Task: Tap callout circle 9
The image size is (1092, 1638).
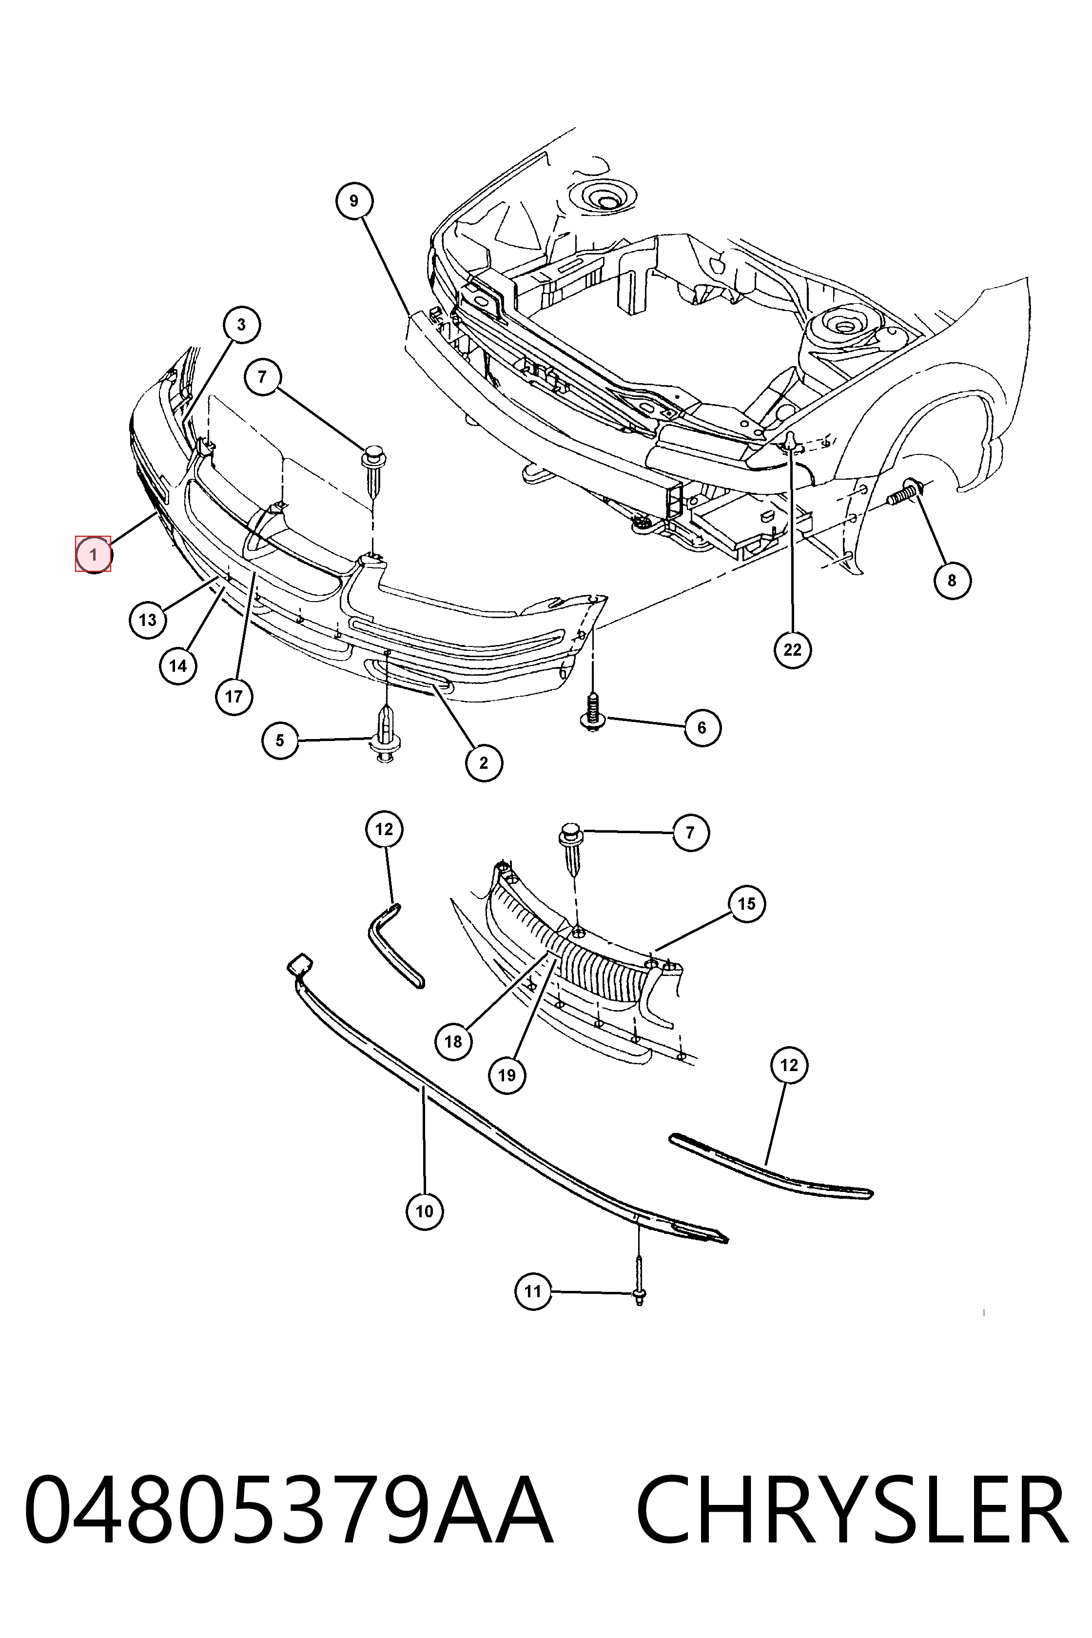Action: [354, 201]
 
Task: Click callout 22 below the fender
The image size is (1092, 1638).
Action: [793, 650]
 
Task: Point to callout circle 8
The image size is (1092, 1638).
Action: [952, 580]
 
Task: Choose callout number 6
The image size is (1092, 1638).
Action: [702, 728]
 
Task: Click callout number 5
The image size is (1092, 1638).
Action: [280, 741]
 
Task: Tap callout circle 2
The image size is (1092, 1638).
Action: [484, 762]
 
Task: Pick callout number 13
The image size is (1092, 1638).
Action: [148, 619]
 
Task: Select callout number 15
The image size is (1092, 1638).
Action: [746, 903]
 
